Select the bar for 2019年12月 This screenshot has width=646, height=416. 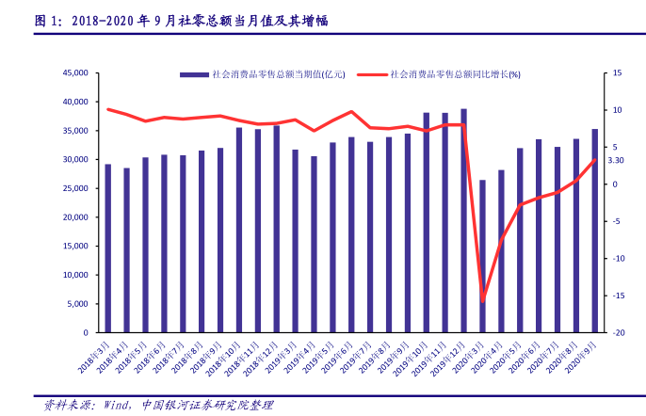pos(463,221)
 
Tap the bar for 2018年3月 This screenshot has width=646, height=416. pos(107,248)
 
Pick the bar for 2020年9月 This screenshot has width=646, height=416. pos(594,231)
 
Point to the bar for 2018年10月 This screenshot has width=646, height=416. pos(239,231)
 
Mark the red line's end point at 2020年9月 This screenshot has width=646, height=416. pos(595,160)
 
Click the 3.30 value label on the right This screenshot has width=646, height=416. pos(617,161)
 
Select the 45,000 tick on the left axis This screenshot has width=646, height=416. pos(75,72)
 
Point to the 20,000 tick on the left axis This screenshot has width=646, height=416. pos(75,217)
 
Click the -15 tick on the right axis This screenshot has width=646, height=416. pos(618,296)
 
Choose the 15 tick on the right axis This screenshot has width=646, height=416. pos(617,72)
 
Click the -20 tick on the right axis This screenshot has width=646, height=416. pos(618,333)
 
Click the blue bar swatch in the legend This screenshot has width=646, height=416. pos(194,73)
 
